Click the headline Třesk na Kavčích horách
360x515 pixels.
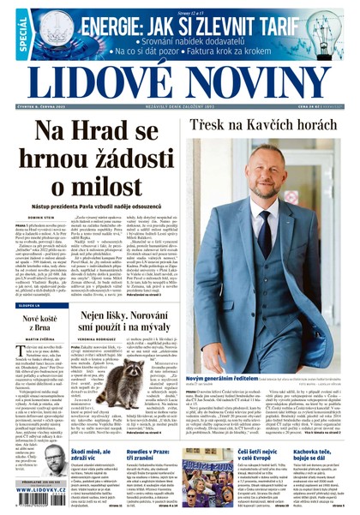[267, 126]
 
